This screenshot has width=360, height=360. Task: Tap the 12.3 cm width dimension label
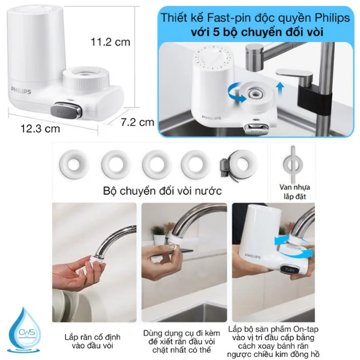[40, 128]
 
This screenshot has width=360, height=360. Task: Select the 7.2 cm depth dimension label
[137, 122]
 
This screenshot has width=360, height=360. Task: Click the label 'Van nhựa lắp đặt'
[292, 190]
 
